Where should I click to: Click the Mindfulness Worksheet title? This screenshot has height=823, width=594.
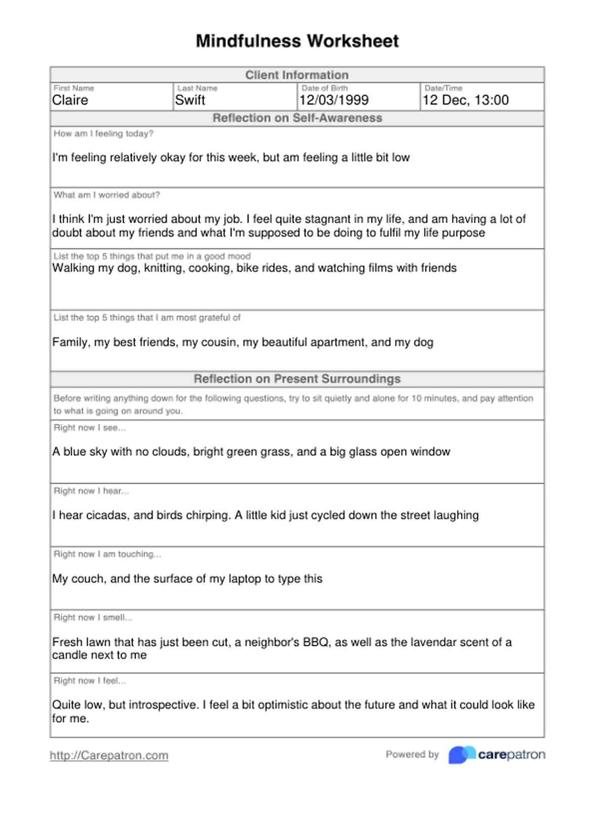pyautogui.click(x=297, y=41)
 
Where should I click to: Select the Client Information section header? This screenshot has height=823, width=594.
pyautogui.click(x=297, y=75)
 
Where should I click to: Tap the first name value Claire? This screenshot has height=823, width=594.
pyautogui.click(x=70, y=100)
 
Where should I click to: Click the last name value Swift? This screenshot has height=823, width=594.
pyautogui.click(x=190, y=100)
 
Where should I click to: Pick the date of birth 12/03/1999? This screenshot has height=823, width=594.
pyautogui.click(x=334, y=100)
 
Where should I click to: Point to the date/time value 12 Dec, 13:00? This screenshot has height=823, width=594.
pyautogui.click(x=466, y=100)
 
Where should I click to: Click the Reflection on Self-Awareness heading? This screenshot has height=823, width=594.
pyautogui.click(x=297, y=118)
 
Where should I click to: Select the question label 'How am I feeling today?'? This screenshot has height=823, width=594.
pyautogui.click(x=104, y=134)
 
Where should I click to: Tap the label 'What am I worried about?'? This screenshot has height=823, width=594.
pyautogui.click(x=107, y=195)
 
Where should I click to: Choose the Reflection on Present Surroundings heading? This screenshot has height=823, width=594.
pyautogui.click(x=297, y=379)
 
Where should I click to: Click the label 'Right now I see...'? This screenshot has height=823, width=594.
pyautogui.click(x=89, y=428)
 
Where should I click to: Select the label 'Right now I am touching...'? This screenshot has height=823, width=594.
pyautogui.click(x=107, y=554)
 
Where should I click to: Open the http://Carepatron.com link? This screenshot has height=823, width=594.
pyautogui.click(x=109, y=755)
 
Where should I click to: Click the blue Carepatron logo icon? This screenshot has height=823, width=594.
pyautogui.click(x=461, y=755)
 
